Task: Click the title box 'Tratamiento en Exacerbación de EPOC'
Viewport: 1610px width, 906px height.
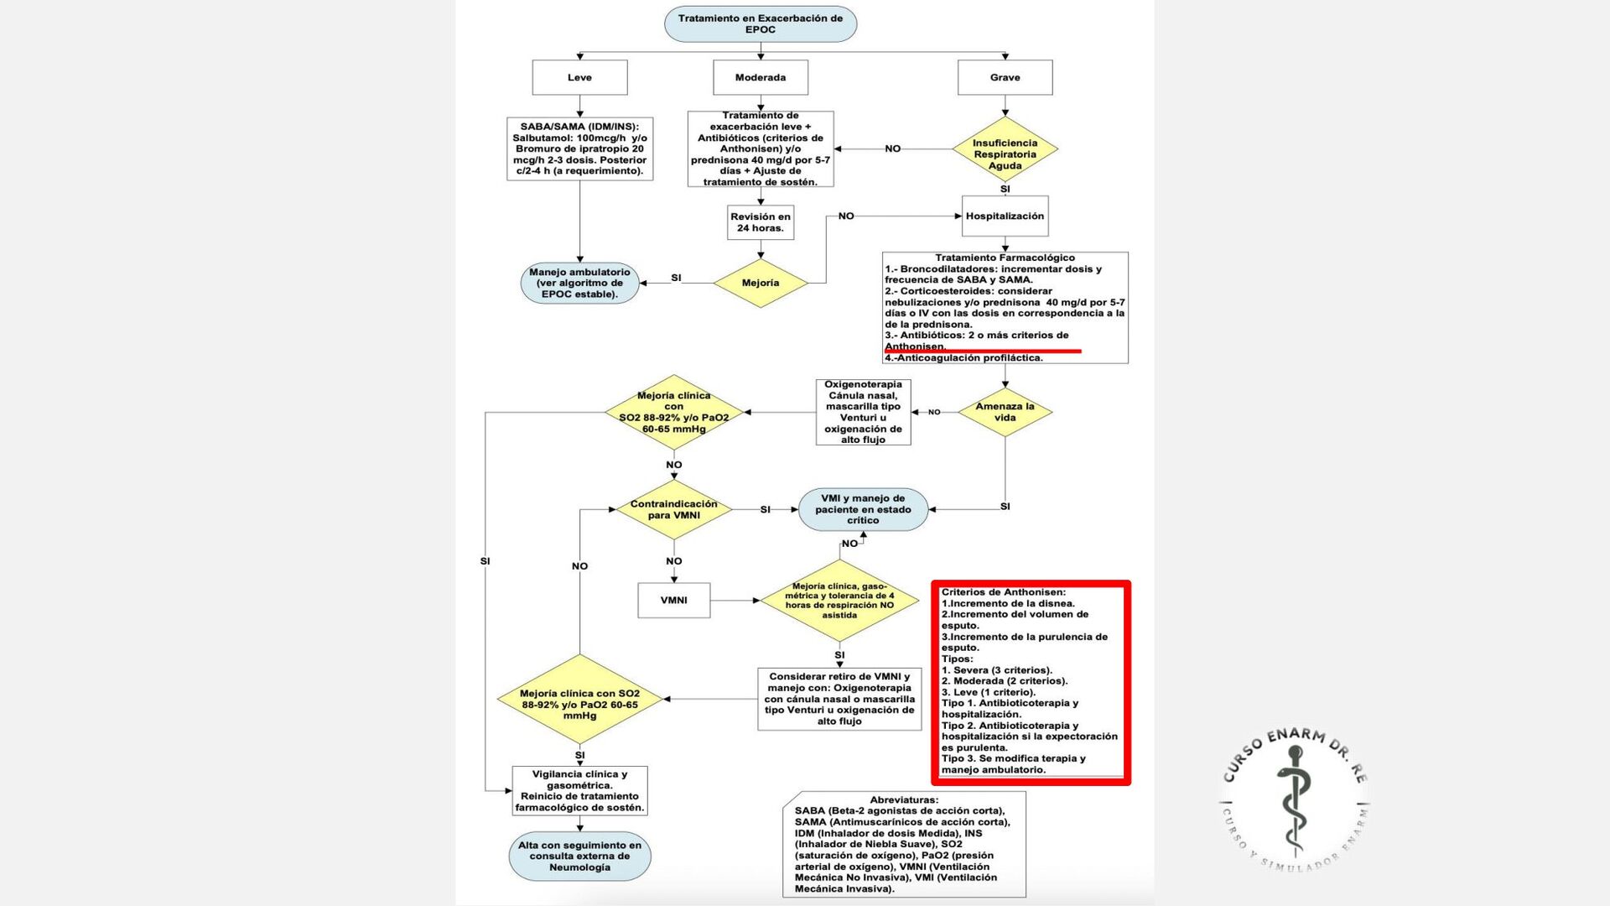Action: (x=760, y=23)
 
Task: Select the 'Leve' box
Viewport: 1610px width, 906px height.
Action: (x=579, y=77)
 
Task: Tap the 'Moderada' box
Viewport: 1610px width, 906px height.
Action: (x=761, y=77)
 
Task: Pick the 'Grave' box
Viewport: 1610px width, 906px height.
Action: (x=1005, y=77)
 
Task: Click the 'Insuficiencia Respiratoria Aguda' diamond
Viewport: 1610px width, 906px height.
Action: (x=1005, y=154)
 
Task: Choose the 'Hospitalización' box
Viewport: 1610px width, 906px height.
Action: (x=1005, y=216)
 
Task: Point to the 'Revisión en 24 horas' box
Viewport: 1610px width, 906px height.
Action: (x=761, y=222)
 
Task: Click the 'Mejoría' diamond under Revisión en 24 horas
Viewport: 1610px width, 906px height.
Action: (x=761, y=284)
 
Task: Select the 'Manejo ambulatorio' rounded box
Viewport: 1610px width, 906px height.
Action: (x=579, y=284)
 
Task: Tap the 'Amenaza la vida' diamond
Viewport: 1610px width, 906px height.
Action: (x=1005, y=412)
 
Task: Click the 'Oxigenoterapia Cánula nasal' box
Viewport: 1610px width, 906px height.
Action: (x=863, y=412)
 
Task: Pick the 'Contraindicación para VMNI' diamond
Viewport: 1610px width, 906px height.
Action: (x=673, y=509)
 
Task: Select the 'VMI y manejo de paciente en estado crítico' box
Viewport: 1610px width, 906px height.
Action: (x=863, y=509)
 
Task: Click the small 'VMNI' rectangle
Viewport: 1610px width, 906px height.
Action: (x=673, y=601)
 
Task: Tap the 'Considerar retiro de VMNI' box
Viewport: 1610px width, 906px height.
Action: (x=839, y=699)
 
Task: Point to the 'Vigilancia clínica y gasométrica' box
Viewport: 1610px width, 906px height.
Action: (x=579, y=791)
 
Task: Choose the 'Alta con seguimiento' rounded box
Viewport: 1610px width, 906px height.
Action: (x=579, y=857)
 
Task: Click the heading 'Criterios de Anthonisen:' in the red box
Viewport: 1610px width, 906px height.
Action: (x=1003, y=592)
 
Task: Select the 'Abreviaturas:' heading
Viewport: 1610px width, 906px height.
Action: (x=904, y=800)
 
